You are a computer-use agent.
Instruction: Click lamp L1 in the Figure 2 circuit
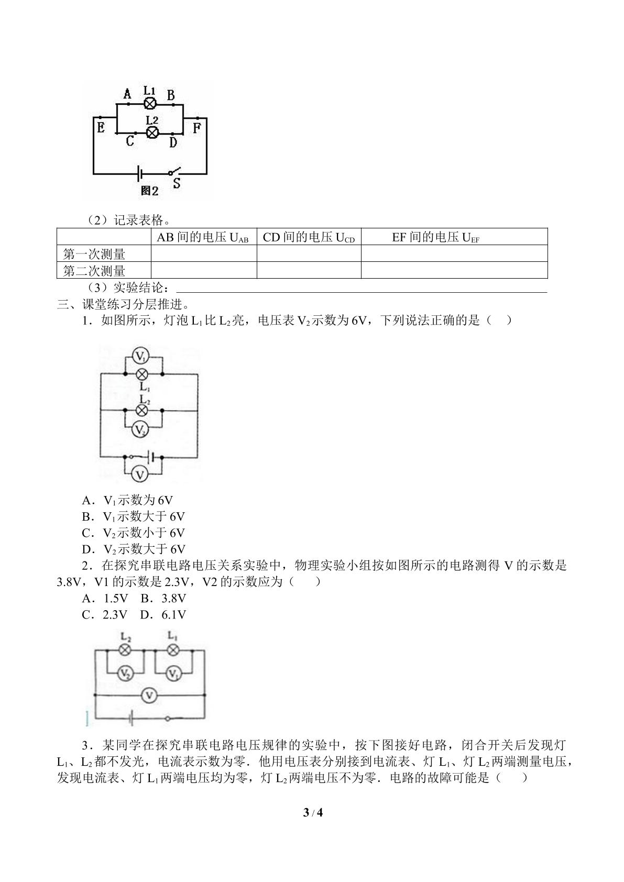pyautogui.click(x=150, y=104)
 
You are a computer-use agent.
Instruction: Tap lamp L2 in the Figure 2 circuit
pyautogui.click(x=152, y=133)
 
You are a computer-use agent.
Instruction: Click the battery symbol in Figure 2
pyautogui.click(x=139, y=173)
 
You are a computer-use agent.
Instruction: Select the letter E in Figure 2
pyautogui.click(x=101, y=128)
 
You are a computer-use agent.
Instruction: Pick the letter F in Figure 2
pyautogui.click(x=196, y=128)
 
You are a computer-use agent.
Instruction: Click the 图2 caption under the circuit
pyautogui.click(x=149, y=191)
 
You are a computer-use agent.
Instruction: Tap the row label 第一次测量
pyautogui.click(x=94, y=254)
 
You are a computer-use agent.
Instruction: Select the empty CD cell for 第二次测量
pyautogui.click(x=309, y=270)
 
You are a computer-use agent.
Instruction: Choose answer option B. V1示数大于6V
pyautogui.click(x=133, y=516)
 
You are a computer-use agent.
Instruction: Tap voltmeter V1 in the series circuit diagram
pyautogui.click(x=173, y=674)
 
